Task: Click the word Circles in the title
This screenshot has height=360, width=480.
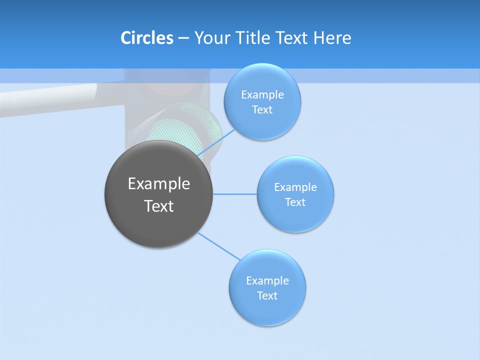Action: pos(146,37)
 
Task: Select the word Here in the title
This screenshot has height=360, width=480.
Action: pos(332,37)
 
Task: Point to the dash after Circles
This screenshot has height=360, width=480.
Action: pos(183,38)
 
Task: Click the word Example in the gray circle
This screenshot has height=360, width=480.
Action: pos(159,183)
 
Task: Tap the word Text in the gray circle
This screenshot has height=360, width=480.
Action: pos(159,206)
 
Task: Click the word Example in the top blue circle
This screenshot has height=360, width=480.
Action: pos(262,94)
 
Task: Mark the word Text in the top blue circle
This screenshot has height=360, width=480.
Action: pos(262,109)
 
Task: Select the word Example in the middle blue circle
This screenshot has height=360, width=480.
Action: pos(295,187)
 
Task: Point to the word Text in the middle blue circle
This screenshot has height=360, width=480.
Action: pos(295,202)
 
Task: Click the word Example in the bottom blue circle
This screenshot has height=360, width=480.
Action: pos(267,280)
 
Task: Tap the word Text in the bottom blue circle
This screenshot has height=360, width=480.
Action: pos(267,295)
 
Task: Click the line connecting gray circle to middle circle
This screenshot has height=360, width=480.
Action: pos(235,194)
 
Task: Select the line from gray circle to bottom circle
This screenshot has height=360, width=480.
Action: pos(219,246)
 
